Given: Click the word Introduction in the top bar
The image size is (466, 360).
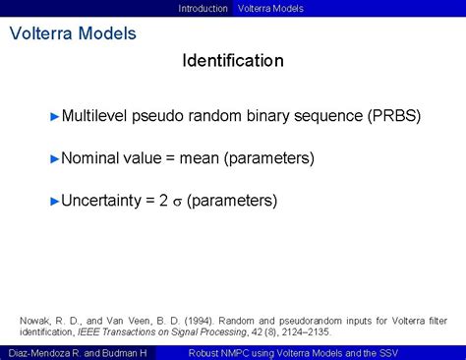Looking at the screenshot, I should [x=203, y=8].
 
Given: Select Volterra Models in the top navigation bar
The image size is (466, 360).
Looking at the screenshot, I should [x=270, y=8].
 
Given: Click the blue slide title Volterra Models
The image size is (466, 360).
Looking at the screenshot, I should [x=73, y=33].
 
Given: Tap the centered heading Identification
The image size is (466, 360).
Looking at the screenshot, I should [x=233, y=61].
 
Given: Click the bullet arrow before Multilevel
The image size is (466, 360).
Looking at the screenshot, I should [x=55, y=116].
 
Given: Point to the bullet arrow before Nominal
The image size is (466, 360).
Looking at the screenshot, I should [x=55, y=157].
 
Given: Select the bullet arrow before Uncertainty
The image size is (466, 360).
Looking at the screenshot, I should [x=55, y=201].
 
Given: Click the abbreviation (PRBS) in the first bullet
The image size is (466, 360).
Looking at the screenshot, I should [x=395, y=116].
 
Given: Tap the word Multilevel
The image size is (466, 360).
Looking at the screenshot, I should [x=97, y=116].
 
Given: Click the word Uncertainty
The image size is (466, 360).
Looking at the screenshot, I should [x=102, y=201].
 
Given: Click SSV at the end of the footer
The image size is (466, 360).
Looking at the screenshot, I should [x=417, y=352].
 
